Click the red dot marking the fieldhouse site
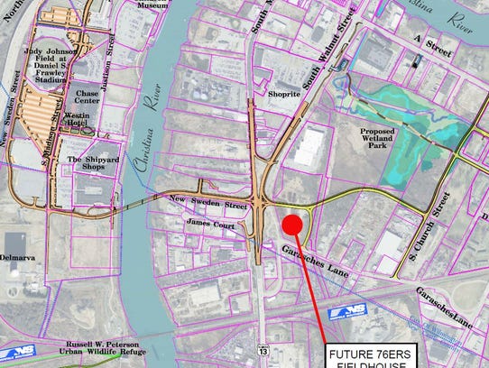coord(291,225)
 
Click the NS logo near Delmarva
coord(23,353)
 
